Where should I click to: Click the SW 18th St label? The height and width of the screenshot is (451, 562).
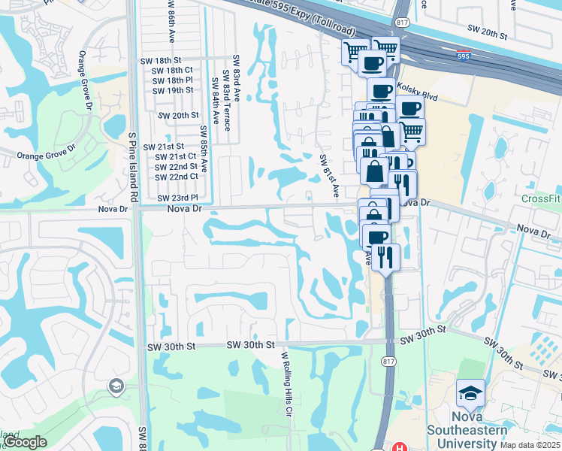click(x=161, y=60)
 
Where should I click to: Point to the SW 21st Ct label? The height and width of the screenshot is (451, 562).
click(x=175, y=156)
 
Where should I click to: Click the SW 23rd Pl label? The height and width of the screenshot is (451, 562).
click(x=177, y=198)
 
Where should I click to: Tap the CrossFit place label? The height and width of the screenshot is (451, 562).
click(x=541, y=198)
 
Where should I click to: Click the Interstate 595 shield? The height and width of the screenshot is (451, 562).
click(x=464, y=55)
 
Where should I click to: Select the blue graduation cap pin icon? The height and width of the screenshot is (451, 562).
click(x=470, y=393)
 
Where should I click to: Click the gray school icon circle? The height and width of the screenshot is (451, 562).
click(x=116, y=386)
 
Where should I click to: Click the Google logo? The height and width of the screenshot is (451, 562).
click(x=25, y=442)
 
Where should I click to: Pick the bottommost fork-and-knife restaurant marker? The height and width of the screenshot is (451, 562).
click(x=386, y=258)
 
